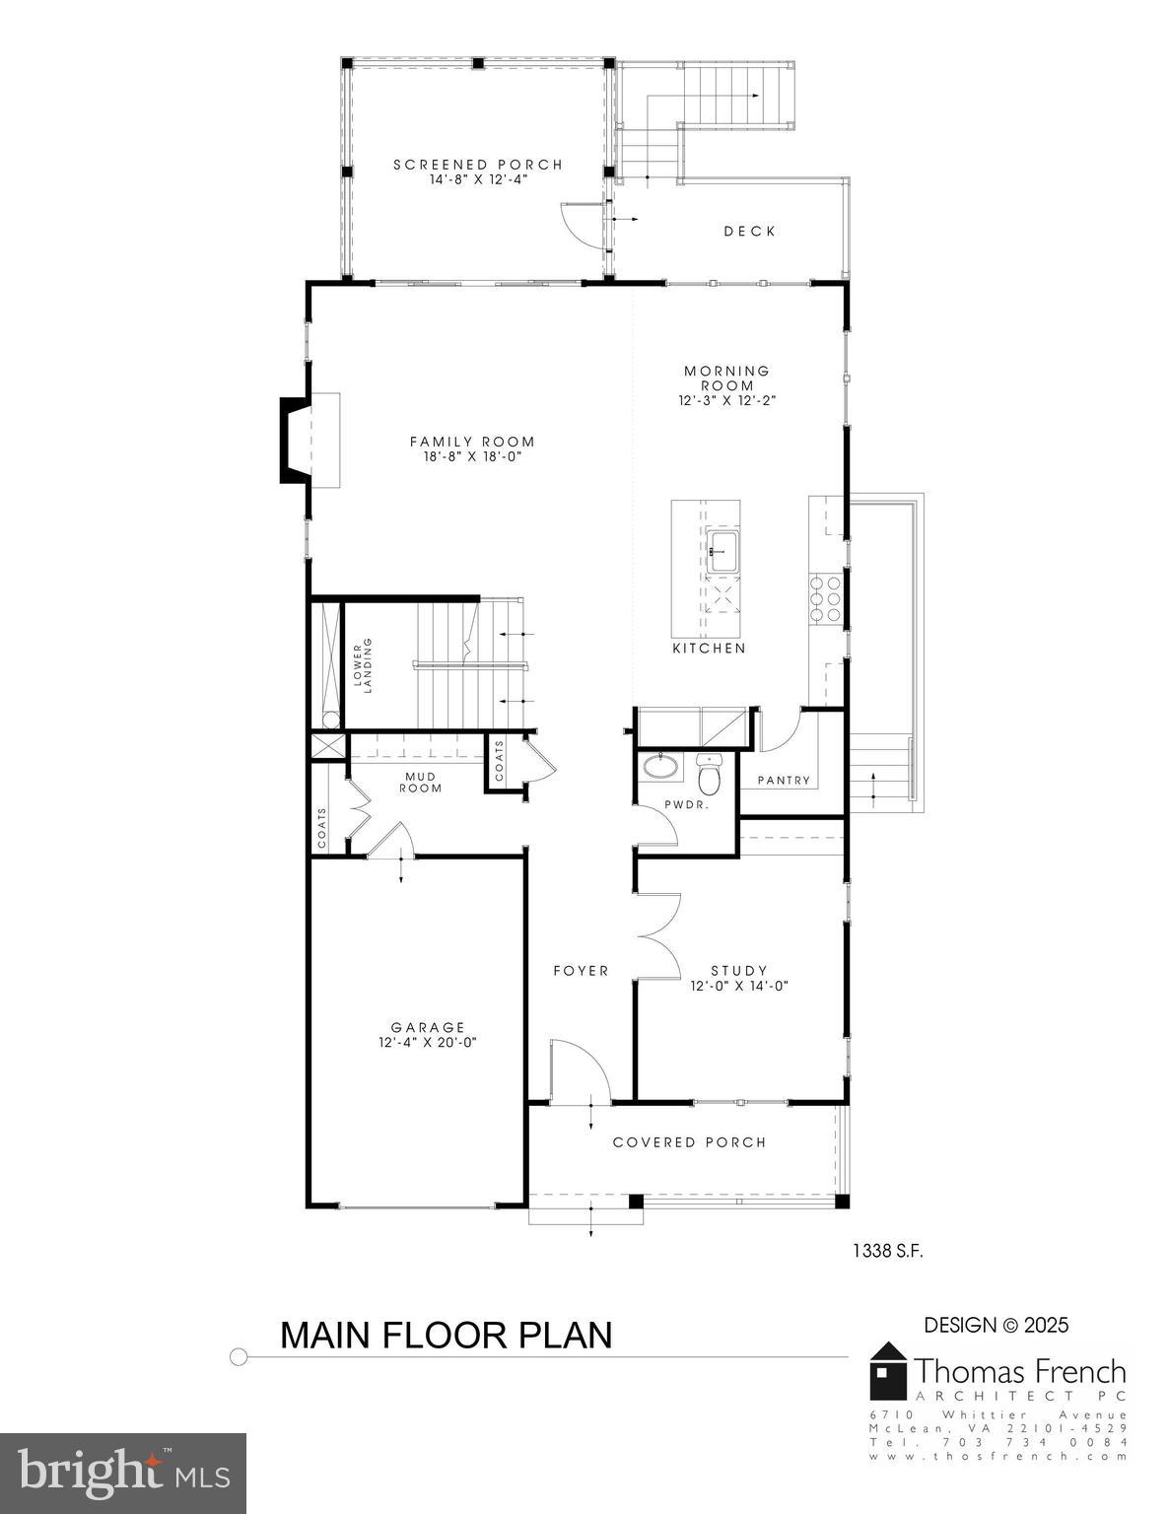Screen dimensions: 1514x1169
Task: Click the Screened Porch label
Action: point(478,165)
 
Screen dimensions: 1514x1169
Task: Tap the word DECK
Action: point(749,232)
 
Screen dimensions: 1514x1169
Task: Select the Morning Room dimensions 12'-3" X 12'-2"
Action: point(727,401)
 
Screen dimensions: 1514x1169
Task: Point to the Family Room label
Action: point(472,442)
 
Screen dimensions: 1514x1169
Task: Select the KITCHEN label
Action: point(709,649)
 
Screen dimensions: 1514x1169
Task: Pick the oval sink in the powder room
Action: point(654,766)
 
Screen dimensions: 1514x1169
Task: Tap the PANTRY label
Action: point(784,781)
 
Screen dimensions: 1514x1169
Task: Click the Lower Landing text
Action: point(364,665)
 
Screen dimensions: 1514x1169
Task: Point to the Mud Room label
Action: point(421,782)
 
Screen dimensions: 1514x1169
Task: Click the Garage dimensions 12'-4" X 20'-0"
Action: point(428,1042)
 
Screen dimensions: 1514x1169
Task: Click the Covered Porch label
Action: point(689,1142)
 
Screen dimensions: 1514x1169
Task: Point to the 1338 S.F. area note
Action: point(887,1251)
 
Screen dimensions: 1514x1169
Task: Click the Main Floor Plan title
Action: point(447,1335)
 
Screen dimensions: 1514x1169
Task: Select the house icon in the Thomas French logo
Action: point(888,1371)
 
